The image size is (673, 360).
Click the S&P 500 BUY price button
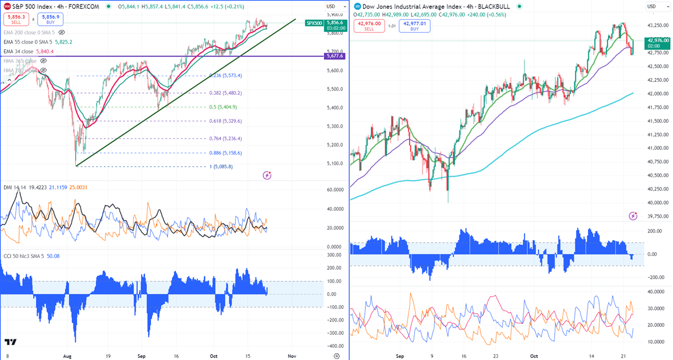[50, 19]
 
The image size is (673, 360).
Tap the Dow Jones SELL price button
[370, 25]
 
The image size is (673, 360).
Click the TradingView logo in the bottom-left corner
[11, 343]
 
